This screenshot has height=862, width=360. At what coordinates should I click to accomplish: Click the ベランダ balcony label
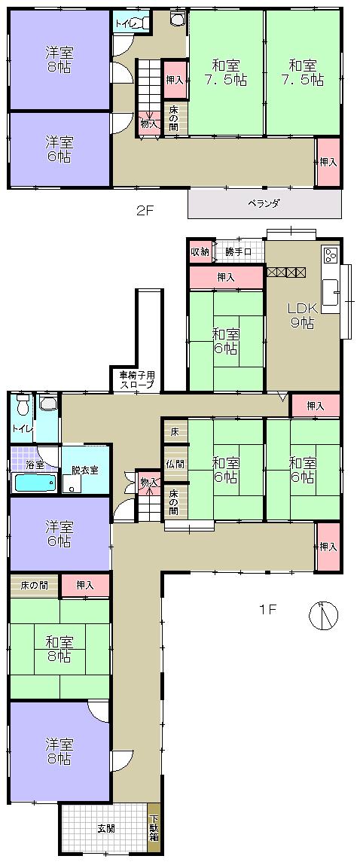(x=264, y=203)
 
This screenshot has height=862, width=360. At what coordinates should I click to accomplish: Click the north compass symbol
(x=323, y=615)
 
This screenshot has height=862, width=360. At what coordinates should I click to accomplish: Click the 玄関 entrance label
(x=106, y=828)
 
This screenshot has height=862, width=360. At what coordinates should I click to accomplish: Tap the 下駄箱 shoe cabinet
(x=154, y=828)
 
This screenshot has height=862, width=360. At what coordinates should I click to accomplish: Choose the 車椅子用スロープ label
(x=136, y=379)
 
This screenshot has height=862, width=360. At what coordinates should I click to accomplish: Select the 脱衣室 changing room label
(x=85, y=470)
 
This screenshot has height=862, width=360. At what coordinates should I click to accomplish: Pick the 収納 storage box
(x=200, y=251)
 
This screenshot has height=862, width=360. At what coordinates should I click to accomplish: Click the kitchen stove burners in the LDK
(x=331, y=254)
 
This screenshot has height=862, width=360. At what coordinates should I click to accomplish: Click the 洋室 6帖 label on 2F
(x=58, y=148)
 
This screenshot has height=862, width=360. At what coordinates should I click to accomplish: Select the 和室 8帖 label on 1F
(x=58, y=648)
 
